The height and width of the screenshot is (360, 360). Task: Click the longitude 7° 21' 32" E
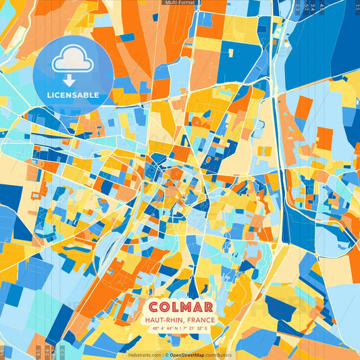point(197,328)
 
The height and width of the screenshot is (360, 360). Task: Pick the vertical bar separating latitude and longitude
point(180,328)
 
